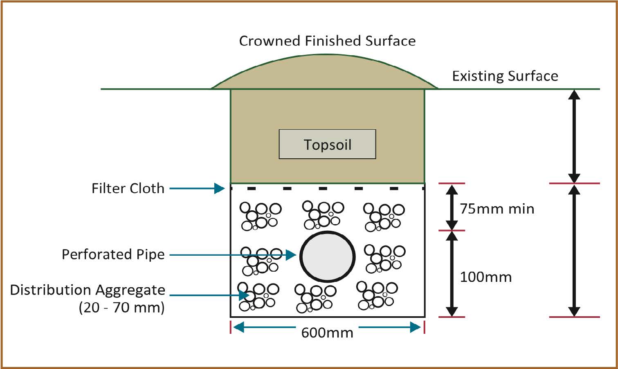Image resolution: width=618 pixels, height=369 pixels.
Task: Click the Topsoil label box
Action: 327,144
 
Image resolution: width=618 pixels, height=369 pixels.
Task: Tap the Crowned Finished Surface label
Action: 327,41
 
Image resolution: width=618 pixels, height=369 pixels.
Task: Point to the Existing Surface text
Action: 505,76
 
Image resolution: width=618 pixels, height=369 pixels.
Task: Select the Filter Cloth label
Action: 128,188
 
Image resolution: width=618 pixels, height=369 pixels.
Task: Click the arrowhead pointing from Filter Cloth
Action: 220,188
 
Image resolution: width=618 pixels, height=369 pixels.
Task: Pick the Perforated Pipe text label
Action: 113,254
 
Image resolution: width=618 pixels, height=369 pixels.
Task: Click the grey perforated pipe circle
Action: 327,257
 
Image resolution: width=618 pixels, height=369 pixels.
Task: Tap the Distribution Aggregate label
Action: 88,290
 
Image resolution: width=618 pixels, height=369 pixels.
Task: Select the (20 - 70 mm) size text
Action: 121,307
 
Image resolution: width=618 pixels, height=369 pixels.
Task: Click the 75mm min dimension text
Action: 497,209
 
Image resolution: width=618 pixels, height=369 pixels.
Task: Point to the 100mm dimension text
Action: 486,277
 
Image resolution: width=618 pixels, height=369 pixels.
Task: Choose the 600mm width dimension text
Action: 327,333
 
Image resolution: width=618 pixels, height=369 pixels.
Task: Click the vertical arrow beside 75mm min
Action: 452,207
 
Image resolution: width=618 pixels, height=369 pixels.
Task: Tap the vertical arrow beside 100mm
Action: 452,274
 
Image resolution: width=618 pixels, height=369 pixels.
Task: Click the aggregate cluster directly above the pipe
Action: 323,215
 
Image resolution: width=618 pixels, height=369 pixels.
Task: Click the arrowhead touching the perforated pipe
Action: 291,255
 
